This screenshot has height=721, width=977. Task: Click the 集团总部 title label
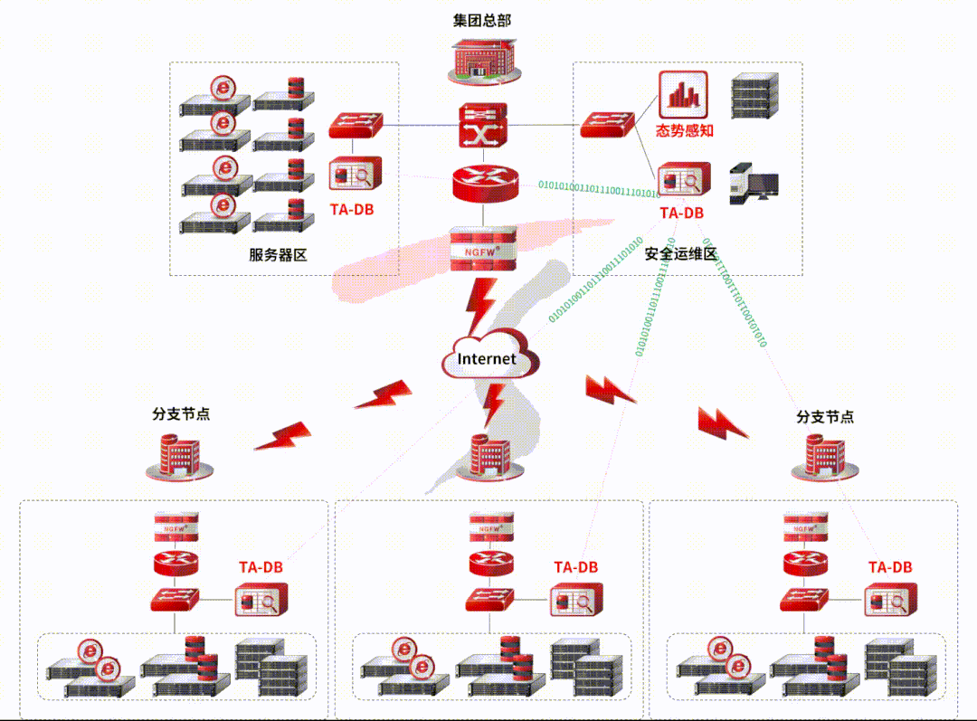(x=482, y=20)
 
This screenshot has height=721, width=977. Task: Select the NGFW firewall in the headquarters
(x=483, y=248)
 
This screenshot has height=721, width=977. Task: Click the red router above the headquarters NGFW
(x=483, y=184)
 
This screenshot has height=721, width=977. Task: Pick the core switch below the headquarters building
(x=483, y=126)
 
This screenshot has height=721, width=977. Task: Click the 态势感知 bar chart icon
(x=683, y=94)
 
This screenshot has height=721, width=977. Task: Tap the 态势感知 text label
(x=685, y=131)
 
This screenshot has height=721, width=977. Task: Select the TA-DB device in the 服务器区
(x=356, y=175)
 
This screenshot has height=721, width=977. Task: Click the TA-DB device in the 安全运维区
(x=683, y=180)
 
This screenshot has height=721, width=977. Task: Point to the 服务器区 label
(x=279, y=255)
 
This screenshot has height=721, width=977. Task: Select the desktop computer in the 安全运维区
(x=754, y=183)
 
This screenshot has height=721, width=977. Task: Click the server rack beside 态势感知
(x=754, y=96)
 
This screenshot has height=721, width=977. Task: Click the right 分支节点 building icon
(x=823, y=457)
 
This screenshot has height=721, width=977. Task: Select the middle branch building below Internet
(x=489, y=457)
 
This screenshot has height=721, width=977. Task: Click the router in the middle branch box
(x=490, y=563)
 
